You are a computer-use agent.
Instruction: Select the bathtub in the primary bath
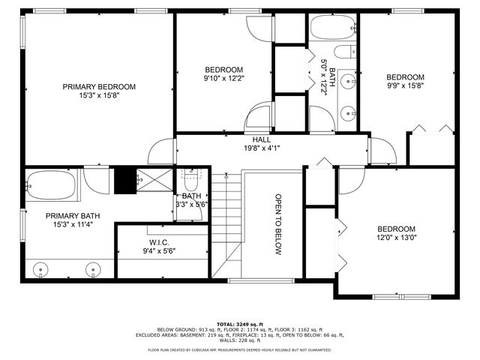click(x=51, y=185)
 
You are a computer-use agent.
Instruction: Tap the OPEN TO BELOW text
click(x=277, y=225)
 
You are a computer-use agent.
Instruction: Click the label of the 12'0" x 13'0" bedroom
click(x=396, y=229)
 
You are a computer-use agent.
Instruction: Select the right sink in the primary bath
click(x=94, y=268)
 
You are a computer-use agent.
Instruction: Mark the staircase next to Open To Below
click(x=226, y=225)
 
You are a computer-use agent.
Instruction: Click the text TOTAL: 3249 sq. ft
click(x=240, y=324)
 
